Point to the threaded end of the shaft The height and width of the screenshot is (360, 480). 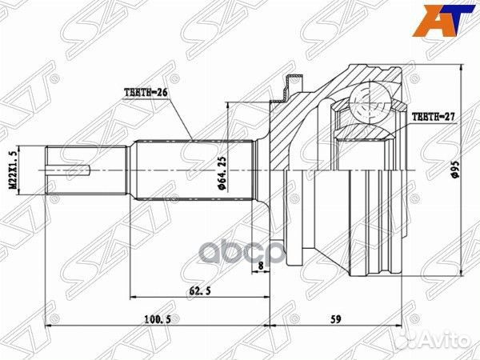click(72, 169)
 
